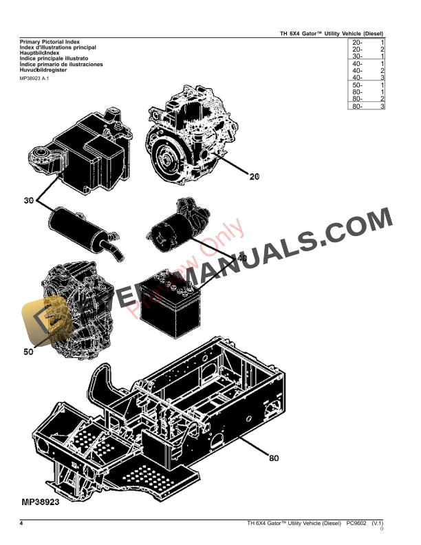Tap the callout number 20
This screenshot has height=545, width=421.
pyautogui.click(x=254, y=177)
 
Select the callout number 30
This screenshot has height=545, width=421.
pyautogui.click(x=28, y=201)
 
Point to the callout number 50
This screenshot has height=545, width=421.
pyautogui.click(x=28, y=352)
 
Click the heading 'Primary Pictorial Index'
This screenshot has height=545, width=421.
pyautogui.click(x=45, y=42)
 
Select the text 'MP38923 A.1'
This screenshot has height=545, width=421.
pyautogui.click(x=32, y=78)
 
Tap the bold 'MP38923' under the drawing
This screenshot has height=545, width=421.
pyautogui.click(x=41, y=502)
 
